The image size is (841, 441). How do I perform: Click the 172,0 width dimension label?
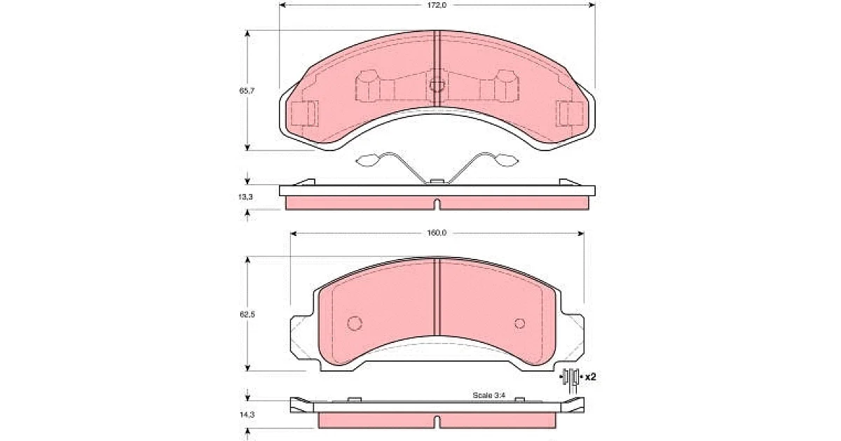pos(437,6)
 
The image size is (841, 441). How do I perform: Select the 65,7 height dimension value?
pos(247,91)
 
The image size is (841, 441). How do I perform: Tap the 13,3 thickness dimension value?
pos(245,197)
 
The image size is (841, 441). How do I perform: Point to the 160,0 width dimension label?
pos(437,233)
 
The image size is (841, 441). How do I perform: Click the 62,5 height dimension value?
pos(247,314)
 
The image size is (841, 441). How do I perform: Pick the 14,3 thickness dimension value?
pos(247,414)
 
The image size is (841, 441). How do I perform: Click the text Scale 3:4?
pos(489,395)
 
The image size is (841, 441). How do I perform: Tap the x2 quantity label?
pos(591,377)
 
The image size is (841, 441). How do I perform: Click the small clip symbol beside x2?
pos(571,379)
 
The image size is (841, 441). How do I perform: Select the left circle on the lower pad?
pos(355,323)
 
